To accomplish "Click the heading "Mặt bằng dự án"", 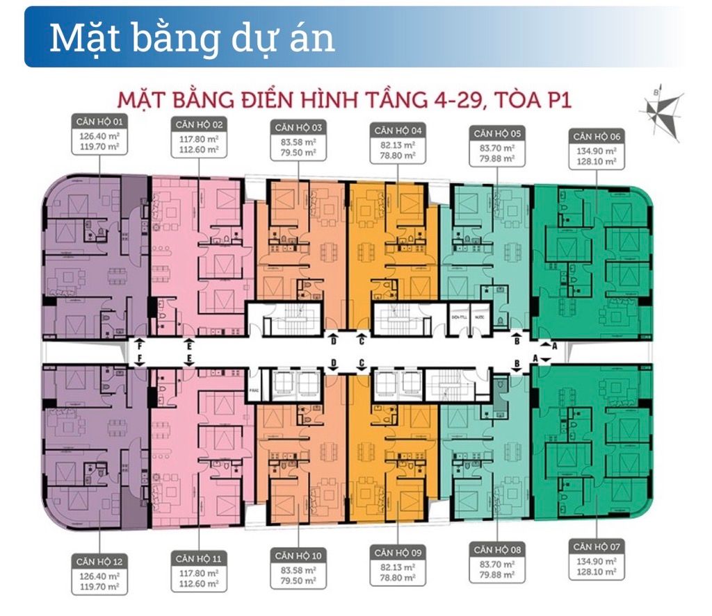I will (x=192, y=38).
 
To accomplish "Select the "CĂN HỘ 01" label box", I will (x=98, y=120).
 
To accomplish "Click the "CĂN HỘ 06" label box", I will (x=596, y=136).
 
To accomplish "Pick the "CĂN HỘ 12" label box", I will (x=98, y=560).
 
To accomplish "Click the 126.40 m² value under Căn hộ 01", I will (x=98, y=136).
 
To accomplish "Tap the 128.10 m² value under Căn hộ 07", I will (x=596, y=572).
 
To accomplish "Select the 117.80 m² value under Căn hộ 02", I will (x=198, y=138).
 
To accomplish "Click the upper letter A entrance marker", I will (x=554, y=344).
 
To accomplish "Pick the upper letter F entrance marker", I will (x=140, y=343).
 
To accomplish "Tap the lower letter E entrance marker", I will (x=188, y=358).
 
